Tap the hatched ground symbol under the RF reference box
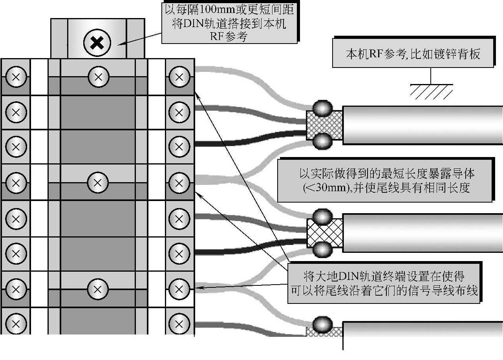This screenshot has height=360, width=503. tap(431, 91)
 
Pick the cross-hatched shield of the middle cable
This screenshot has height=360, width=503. tap(324, 232)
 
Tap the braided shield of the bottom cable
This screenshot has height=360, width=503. tap(324, 332)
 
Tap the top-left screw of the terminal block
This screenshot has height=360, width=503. tap(16, 77)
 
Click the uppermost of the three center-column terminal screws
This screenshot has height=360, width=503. tap(98, 77)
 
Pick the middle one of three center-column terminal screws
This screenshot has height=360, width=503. tap(98, 182)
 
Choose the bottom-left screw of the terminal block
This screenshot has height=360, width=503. tap(16, 324)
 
